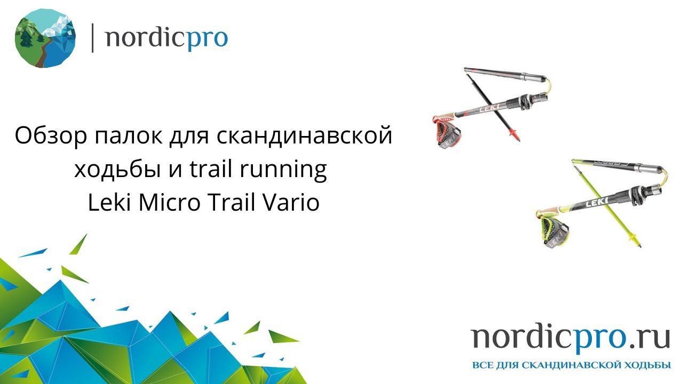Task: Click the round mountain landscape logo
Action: click(x=45, y=37)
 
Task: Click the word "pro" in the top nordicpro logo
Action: click(x=208, y=38)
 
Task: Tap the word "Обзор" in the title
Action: click(x=51, y=136)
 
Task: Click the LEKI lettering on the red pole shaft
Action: click(x=489, y=108)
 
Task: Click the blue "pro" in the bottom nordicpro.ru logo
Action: click(x=599, y=339)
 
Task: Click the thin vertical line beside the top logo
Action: click(x=93, y=37)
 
